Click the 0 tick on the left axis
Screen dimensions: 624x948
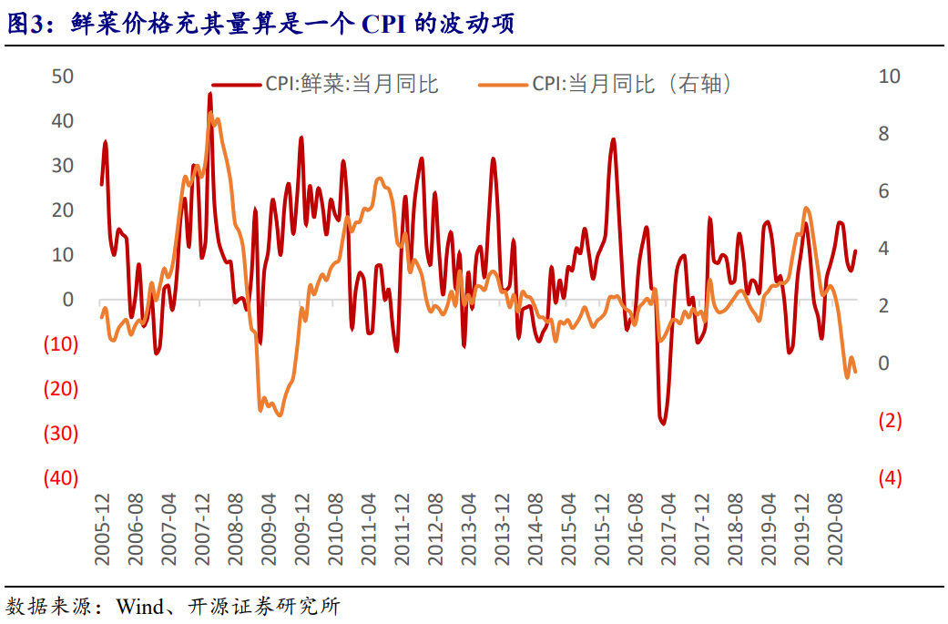[67, 300]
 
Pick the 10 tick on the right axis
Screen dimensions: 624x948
[888, 77]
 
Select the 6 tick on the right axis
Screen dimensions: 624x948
[888, 191]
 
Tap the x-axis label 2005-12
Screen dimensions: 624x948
[104, 529]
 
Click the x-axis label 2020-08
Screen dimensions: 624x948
[835, 529]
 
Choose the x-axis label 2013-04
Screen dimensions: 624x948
[467, 529]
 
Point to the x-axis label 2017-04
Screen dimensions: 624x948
[668, 529]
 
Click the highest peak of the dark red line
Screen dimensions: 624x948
[210, 93]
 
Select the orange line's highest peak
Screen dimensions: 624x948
[211, 113]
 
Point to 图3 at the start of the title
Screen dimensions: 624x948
[25, 24]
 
